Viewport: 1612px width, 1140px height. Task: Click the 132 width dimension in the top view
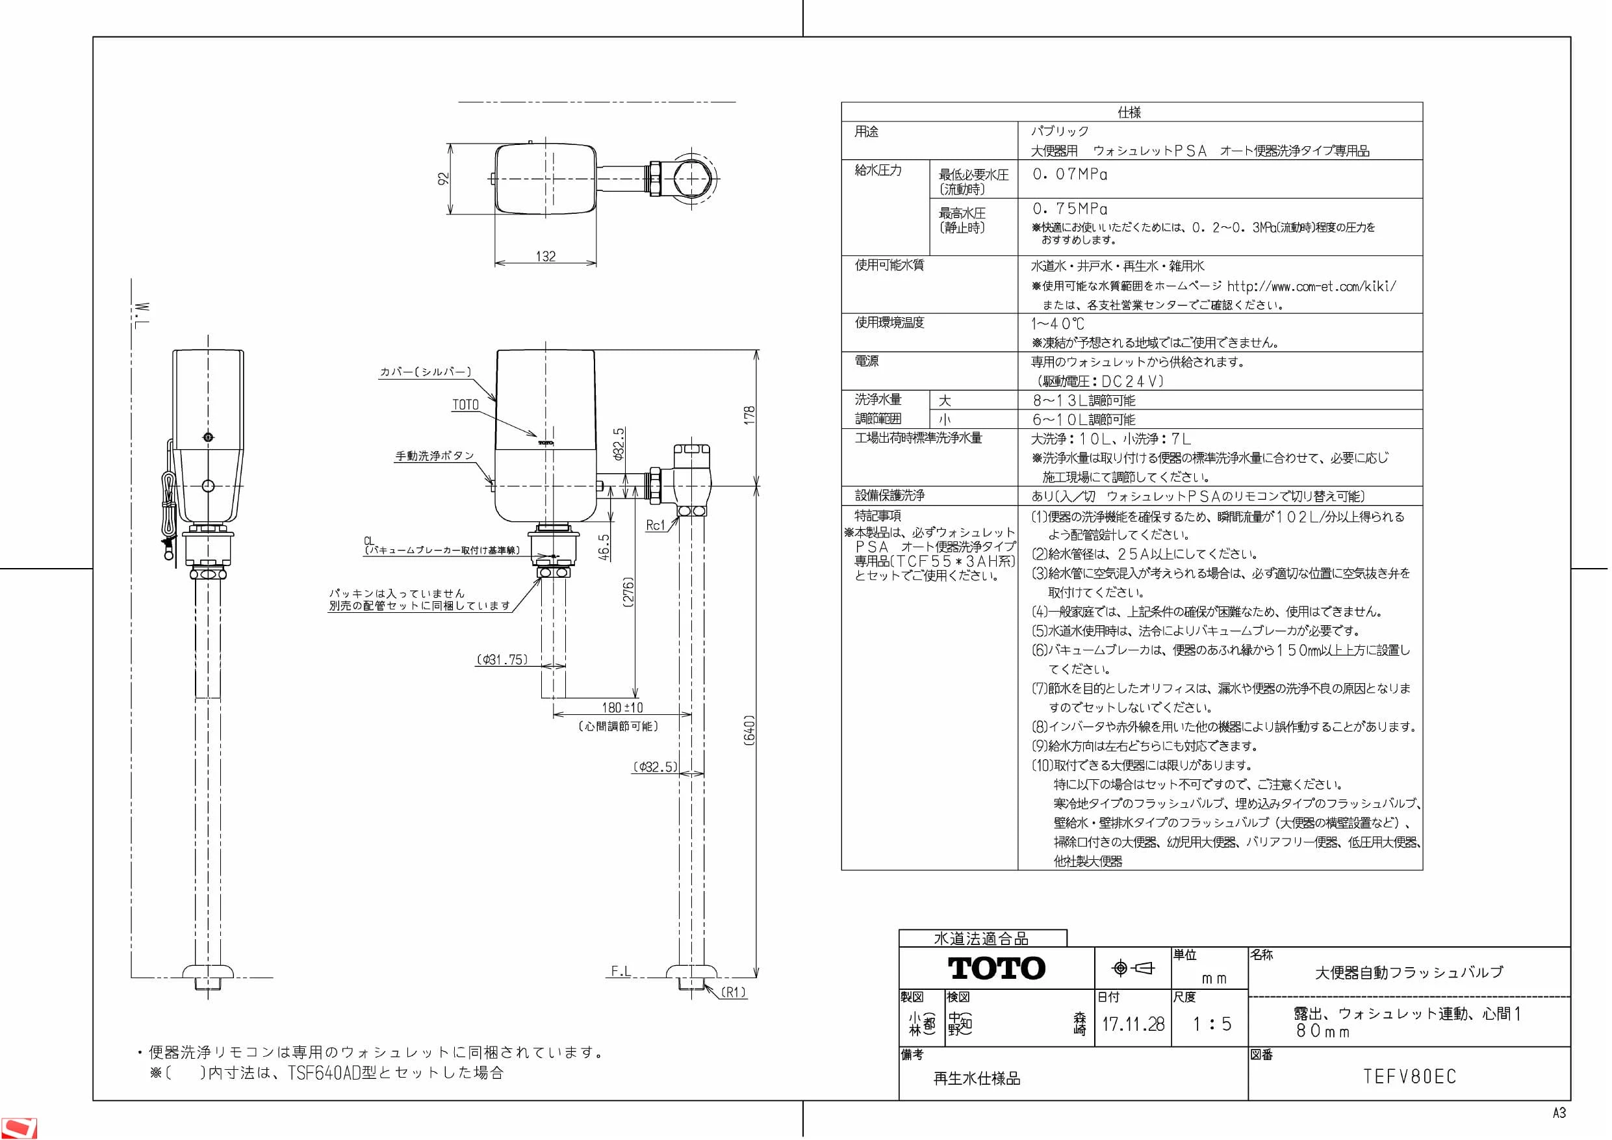point(546,256)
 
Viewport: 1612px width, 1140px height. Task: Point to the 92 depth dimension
point(444,179)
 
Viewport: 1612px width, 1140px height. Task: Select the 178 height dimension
point(750,415)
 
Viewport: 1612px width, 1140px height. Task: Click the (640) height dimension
point(750,731)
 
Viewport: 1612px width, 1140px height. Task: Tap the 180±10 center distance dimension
point(622,707)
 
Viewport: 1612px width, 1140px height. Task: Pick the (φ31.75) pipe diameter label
point(502,660)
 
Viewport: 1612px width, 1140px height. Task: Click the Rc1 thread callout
point(655,525)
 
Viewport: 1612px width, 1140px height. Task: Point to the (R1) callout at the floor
point(734,992)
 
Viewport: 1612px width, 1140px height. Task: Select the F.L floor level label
point(620,972)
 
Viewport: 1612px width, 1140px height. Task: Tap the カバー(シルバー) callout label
point(426,372)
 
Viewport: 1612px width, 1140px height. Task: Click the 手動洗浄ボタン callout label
point(435,456)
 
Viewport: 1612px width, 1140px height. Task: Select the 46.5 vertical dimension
point(604,548)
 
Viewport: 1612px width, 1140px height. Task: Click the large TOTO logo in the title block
point(997,968)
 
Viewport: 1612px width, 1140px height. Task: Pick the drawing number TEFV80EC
point(1410,1076)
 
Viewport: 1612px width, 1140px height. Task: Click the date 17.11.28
point(1132,1024)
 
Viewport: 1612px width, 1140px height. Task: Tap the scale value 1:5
point(1212,1024)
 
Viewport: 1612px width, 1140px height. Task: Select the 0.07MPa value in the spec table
point(1070,174)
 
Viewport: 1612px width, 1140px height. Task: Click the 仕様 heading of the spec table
point(1130,112)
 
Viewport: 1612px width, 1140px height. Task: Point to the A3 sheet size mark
point(1559,1113)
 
